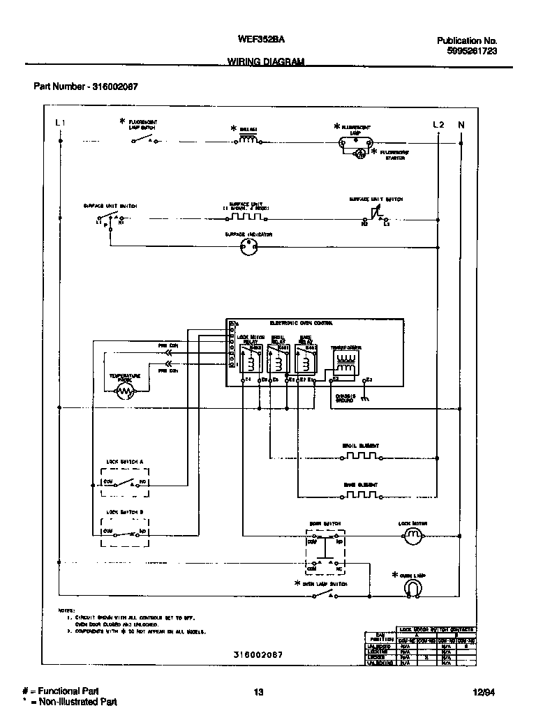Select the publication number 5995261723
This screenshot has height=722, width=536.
pos(472,51)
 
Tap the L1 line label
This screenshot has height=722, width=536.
pos(60,124)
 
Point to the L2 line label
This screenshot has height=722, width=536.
pos(438,124)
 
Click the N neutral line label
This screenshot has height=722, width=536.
pos(461,124)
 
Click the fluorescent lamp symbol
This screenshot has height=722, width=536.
pos(353,142)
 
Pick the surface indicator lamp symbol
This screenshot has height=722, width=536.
pos(249,247)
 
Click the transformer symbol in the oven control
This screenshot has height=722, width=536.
pos(345,362)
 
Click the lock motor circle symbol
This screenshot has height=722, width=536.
pos(413,536)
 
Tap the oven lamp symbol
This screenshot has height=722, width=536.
pos(413,589)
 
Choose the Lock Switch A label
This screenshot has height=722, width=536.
pos(125,462)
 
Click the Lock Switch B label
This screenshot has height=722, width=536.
pos(125,512)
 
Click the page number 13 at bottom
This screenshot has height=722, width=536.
pos(258,692)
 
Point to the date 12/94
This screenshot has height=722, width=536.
pos(482,692)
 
